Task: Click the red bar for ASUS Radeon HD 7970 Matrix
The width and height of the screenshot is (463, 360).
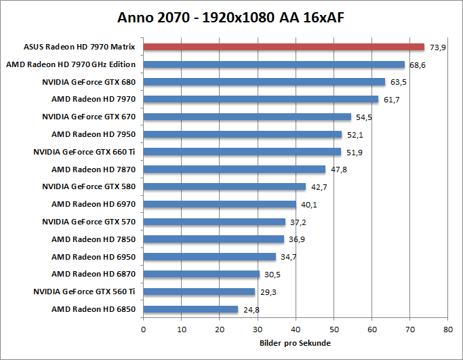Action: click(x=283, y=47)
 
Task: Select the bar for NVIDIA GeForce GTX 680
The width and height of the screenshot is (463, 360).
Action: click(x=264, y=82)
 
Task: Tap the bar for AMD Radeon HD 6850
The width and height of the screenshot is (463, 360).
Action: click(x=190, y=309)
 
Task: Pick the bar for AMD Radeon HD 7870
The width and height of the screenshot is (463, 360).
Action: click(x=234, y=169)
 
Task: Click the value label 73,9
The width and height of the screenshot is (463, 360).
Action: click(x=437, y=47)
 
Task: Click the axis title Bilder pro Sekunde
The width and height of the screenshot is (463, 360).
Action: click(x=295, y=343)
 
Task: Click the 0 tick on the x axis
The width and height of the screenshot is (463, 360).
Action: click(x=143, y=329)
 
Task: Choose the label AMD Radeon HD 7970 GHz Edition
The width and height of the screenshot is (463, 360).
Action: click(x=71, y=64)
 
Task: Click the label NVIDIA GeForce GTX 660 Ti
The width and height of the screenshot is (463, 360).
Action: click(x=84, y=152)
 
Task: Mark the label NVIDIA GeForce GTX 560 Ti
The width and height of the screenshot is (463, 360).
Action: click(x=84, y=292)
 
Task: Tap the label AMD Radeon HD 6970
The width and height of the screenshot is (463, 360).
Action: click(x=94, y=204)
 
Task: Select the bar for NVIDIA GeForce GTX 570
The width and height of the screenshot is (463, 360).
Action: click(x=214, y=222)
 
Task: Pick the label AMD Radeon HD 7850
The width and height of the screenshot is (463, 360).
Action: click(x=94, y=239)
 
